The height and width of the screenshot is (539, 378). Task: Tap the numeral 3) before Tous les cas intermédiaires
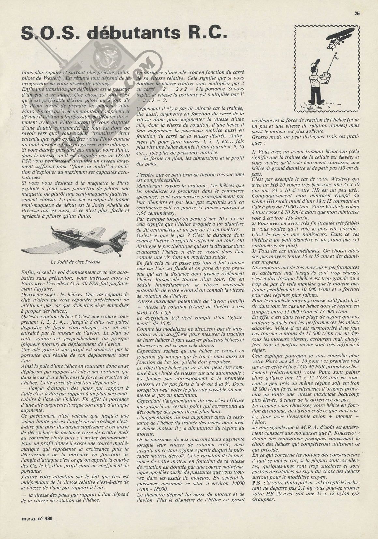[x=254, y=251]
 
